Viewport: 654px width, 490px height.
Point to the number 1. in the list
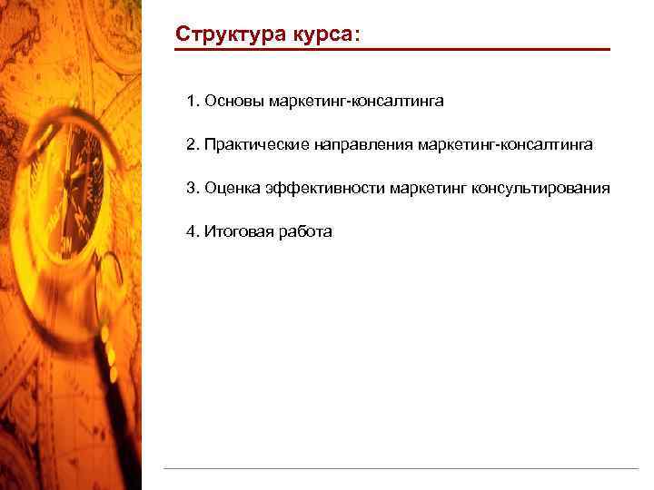click(193, 101)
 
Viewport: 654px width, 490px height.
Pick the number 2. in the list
click(193, 144)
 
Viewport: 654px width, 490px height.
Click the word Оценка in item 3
click(233, 188)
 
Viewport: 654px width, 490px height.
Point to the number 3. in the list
click(193, 188)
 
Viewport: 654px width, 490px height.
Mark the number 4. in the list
click(193, 231)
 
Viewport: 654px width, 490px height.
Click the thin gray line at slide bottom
click(400, 468)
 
